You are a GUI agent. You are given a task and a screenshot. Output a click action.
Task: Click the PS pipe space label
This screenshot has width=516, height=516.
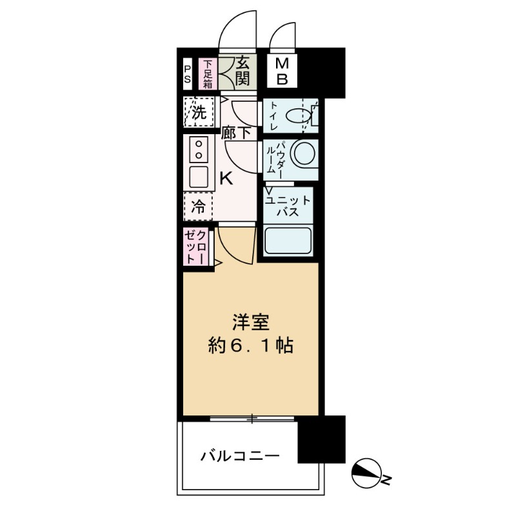pos(187,74)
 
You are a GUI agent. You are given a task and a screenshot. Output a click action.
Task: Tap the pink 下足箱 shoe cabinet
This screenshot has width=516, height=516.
pos(208,74)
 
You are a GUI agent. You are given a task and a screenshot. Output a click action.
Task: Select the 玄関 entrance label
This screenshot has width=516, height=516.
pos(243,71)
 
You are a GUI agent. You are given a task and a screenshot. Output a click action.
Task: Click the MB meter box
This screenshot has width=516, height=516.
pos(282,72)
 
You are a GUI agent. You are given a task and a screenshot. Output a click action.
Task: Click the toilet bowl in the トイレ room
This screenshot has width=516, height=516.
pos(299,116)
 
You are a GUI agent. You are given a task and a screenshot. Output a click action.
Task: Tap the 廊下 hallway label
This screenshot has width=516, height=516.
pos(236,134)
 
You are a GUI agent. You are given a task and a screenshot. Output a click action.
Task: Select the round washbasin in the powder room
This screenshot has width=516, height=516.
pos(305,154)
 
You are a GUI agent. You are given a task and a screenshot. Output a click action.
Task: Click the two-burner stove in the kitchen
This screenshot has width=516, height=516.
pos(199,150)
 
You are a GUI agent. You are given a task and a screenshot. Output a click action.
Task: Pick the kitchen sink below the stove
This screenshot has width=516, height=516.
pos(199,177)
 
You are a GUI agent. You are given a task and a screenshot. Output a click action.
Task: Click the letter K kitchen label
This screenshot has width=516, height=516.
pos(226,179)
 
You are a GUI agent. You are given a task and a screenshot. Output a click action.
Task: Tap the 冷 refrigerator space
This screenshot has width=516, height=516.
pos(198,206)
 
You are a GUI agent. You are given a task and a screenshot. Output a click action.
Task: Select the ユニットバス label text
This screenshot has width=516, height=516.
pos(288,206)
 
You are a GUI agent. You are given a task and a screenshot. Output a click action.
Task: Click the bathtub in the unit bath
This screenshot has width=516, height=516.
pos(288,240)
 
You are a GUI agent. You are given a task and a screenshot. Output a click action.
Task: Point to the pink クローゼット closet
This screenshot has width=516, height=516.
pos(196,247)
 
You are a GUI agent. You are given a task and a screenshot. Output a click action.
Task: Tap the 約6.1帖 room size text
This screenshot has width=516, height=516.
pos(251,346)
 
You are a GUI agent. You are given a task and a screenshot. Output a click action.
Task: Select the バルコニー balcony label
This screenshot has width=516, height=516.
pos(240,456)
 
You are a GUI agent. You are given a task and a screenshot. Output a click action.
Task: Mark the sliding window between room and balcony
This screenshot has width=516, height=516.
pos(252,418)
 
